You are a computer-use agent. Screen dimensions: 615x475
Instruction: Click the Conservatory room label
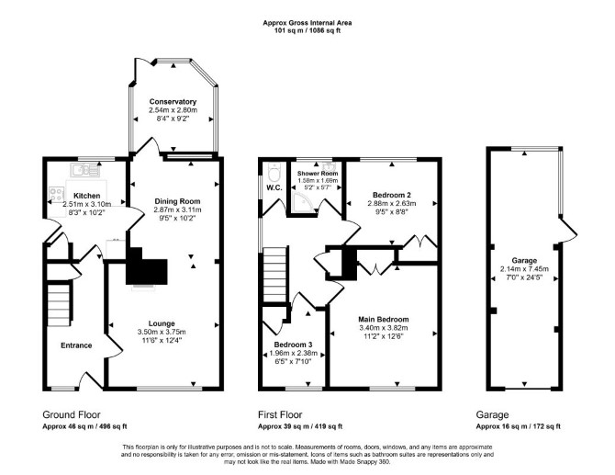click(173, 102)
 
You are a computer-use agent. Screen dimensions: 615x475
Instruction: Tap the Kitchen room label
click(87, 196)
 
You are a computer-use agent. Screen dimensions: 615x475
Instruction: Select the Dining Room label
click(177, 201)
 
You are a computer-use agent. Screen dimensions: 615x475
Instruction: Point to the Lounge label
click(162, 323)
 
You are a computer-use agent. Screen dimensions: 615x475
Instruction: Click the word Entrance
click(76, 345)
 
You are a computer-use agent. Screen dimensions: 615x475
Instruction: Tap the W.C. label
click(274, 187)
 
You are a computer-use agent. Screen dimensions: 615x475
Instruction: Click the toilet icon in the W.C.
click(273, 171)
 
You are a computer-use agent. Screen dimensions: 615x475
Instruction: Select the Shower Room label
click(318, 173)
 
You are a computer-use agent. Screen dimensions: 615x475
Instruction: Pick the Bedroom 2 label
click(392, 195)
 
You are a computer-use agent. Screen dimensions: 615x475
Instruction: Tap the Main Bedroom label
click(384, 320)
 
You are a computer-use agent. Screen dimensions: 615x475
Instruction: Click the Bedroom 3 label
click(294, 345)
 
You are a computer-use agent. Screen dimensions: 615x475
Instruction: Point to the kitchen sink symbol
click(85, 170)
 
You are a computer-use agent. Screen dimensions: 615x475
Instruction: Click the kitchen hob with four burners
click(57, 194)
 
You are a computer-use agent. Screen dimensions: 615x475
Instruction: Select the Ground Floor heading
click(72, 414)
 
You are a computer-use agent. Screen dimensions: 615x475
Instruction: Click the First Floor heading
click(280, 414)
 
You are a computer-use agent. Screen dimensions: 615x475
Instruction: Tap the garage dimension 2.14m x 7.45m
click(524, 269)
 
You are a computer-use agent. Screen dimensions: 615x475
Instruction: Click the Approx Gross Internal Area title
click(307, 23)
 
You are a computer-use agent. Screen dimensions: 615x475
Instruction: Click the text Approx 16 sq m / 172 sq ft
click(518, 426)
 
